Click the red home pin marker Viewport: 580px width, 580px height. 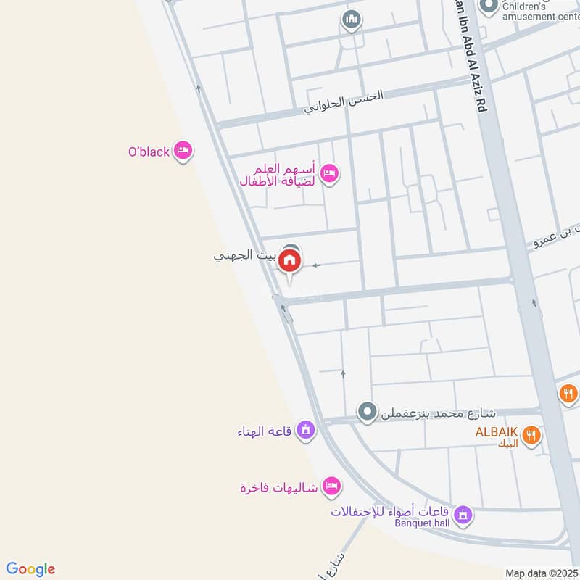pos(290,261)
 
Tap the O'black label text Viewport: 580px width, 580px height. pos(149,152)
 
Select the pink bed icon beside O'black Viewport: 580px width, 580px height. pos(183,150)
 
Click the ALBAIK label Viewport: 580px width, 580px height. pos(496,432)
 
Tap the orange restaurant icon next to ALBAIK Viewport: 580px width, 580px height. pos(533,435)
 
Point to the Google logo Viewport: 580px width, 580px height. pos(30,569)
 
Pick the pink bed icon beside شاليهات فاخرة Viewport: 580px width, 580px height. pos(331,486)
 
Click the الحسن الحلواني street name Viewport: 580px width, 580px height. pos(343,102)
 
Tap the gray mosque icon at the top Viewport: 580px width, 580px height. pos(352,20)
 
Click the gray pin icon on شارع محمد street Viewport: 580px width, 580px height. pos(368,413)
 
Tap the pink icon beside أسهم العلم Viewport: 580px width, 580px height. pos(330,174)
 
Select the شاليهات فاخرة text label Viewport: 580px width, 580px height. pos(279,486)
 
